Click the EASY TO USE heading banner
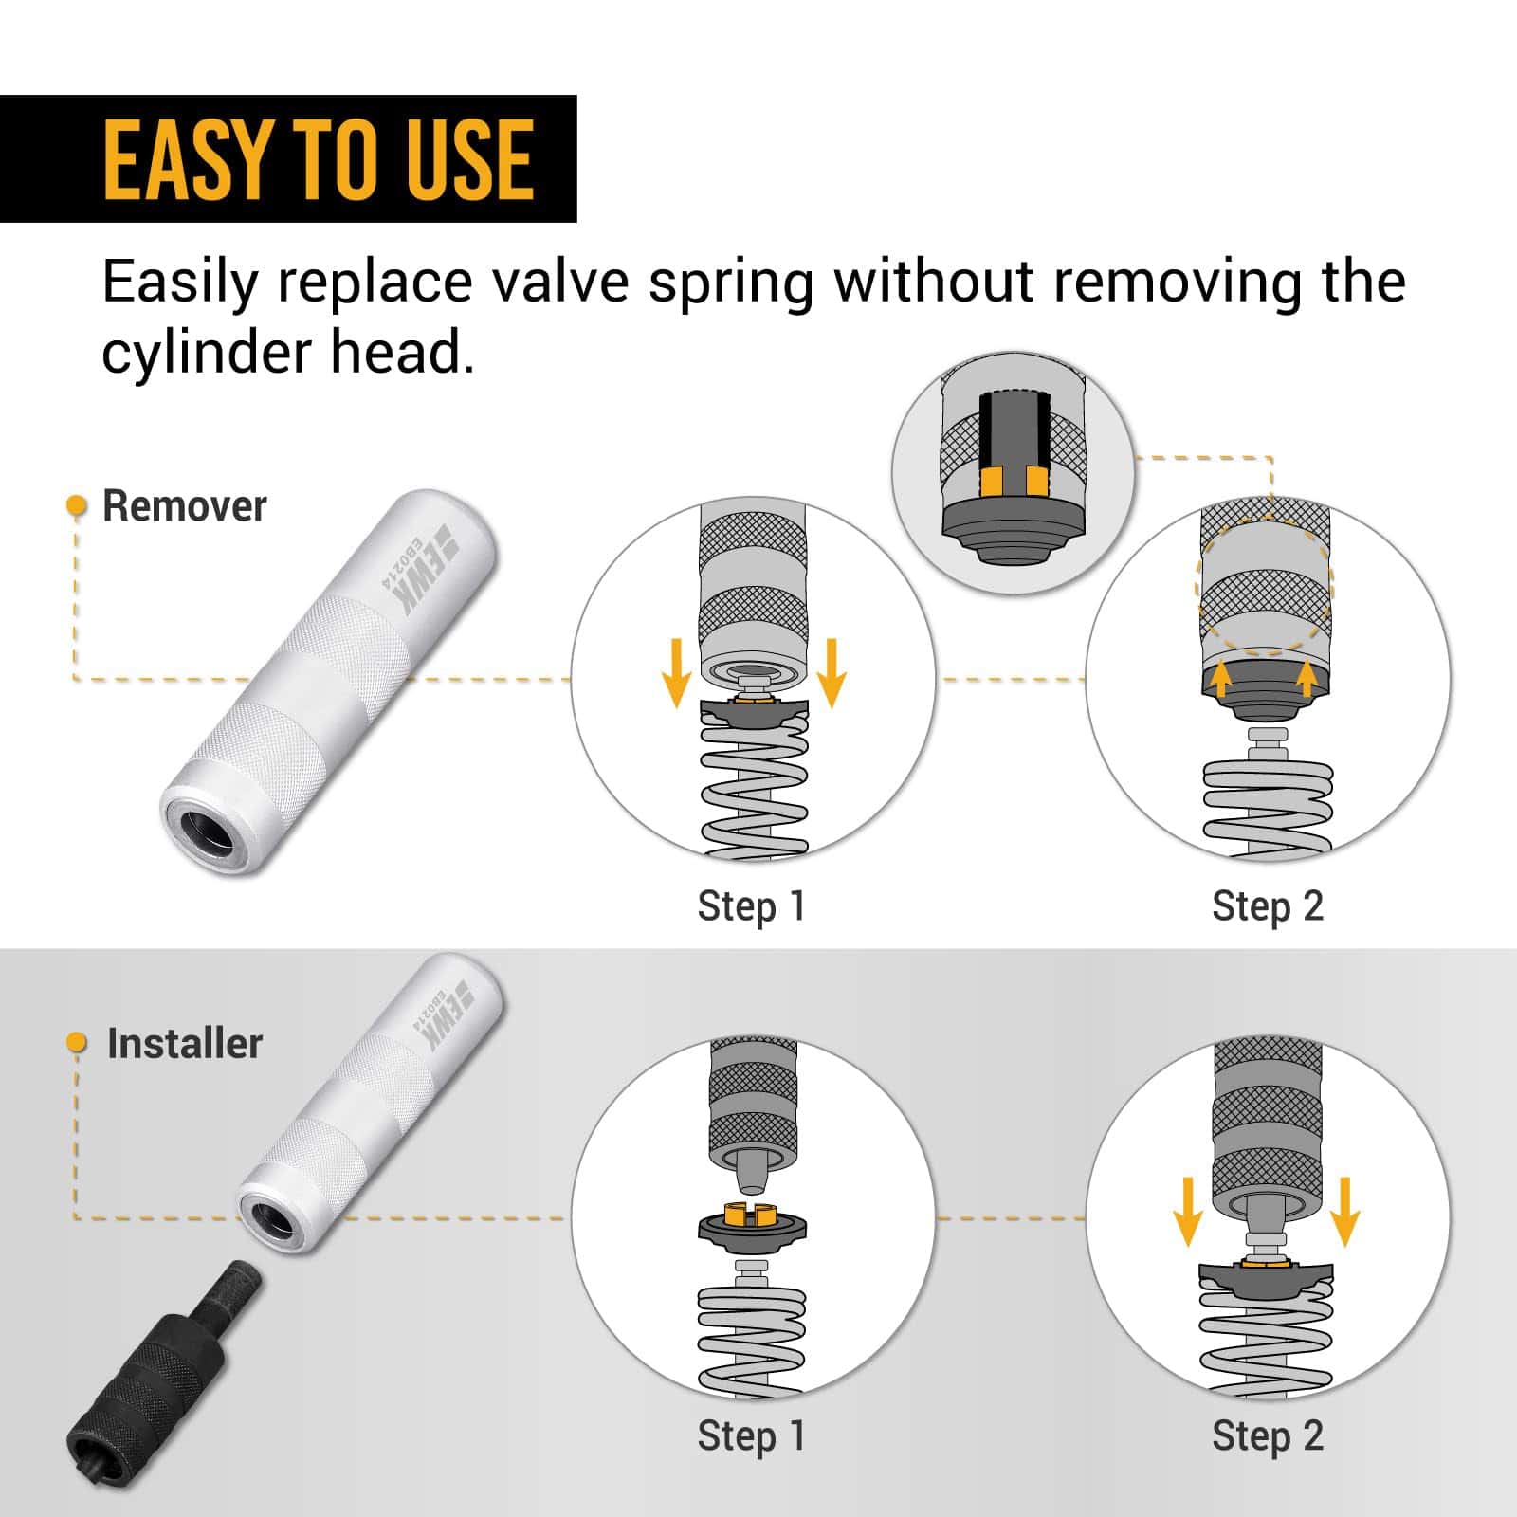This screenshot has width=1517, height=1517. [x=288, y=158]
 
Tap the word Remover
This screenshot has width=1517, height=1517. [x=184, y=506]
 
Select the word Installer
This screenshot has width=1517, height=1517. [x=184, y=1043]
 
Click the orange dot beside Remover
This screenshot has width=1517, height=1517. [x=76, y=506]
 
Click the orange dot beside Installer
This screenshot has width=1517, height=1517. [x=77, y=1044]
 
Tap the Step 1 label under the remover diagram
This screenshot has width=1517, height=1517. [x=751, y=906]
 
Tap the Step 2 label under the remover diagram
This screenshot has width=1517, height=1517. [x=1267, y=906]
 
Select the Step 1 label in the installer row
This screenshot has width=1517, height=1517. [x=751, y=1435]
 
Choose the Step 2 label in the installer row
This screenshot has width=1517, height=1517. [x=1267, y=1435]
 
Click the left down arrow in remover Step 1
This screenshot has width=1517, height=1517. [x=676, y=672]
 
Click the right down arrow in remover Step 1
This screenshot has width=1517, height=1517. [x=832, y=672]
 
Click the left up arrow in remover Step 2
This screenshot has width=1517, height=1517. [x=1222, y=680]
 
